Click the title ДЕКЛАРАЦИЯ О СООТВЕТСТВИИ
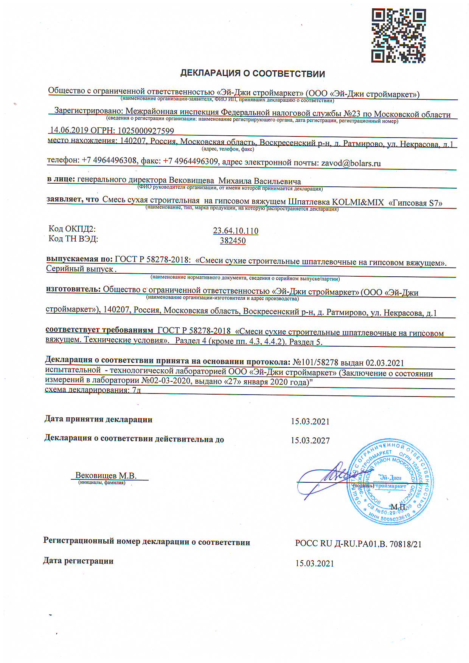[252, 73]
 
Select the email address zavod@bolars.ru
[351, 163]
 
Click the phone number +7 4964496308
[109, 160]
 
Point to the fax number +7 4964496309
[191, 161]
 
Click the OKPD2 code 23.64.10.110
[236, 231]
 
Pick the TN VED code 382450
[233, 241]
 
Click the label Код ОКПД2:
[72, 229]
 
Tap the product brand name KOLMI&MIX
[357, 202]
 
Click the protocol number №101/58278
[315, 362]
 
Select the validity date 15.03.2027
[310, 440]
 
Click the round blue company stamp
[390, 482]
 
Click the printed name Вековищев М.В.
[106, 476]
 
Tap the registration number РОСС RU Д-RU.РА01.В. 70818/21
[358, 544]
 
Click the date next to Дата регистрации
[314, 564]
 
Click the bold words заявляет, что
[73, 199]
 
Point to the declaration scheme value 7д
[137, 390]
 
